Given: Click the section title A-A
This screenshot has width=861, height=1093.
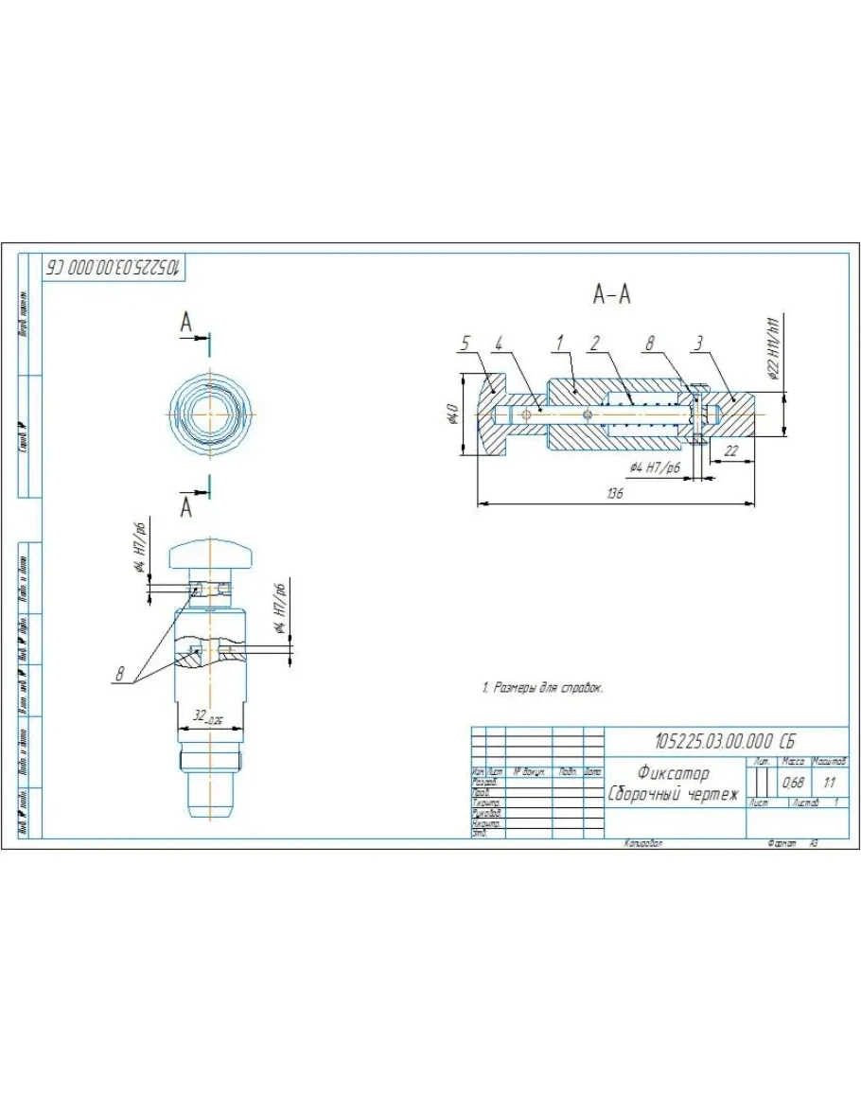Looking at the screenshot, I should tap(611, 295).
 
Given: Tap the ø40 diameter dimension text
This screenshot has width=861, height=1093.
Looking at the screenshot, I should tap(452, 414).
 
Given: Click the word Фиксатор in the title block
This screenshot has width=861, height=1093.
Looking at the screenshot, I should tap(673, 773).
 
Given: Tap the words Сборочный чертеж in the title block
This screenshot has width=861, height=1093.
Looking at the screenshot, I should tap(673, 794).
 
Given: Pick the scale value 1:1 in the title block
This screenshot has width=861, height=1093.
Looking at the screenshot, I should tap(830, 783).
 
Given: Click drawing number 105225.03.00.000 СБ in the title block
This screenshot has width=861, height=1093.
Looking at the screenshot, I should tap(726, 740).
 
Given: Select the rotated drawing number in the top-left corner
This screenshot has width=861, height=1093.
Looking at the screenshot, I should tap(114, 267).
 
